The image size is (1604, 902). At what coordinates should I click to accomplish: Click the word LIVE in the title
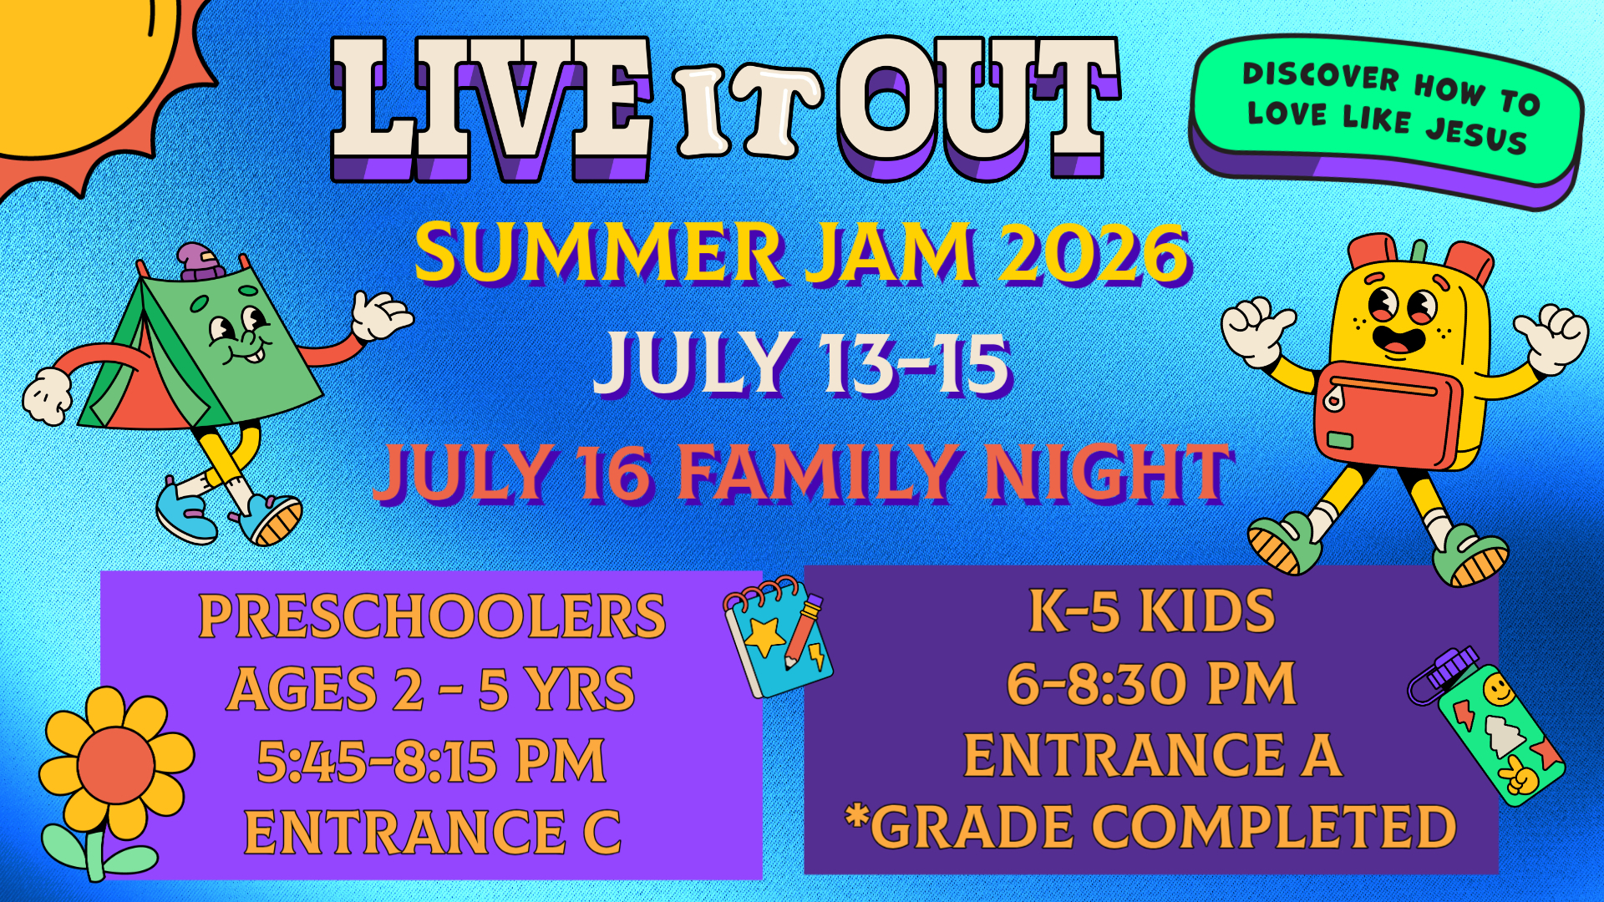click(x=491, y=109)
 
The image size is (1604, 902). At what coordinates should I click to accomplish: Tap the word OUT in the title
click(x=979, y=109)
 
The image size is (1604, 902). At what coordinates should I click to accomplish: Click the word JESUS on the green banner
click(x=1476, y=135)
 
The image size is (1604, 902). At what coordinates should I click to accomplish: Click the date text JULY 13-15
click(x=803, y=362)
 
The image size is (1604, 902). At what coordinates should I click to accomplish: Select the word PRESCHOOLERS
click(x=432, y=617)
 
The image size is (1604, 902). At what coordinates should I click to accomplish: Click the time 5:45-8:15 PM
click(x=431, y=761)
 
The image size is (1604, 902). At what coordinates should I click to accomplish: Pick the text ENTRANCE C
click(x=433, y=833)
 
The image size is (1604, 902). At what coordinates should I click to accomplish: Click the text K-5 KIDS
click(x=1152, y=611)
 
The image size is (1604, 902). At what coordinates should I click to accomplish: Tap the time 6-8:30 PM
click(x=1151, y=684)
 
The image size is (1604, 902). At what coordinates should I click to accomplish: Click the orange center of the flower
click(x=116, y=765)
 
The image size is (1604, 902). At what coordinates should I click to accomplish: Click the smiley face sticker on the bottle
click(x=1498, y=692)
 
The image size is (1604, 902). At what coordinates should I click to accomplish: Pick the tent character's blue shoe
click(x=185, y=511)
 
